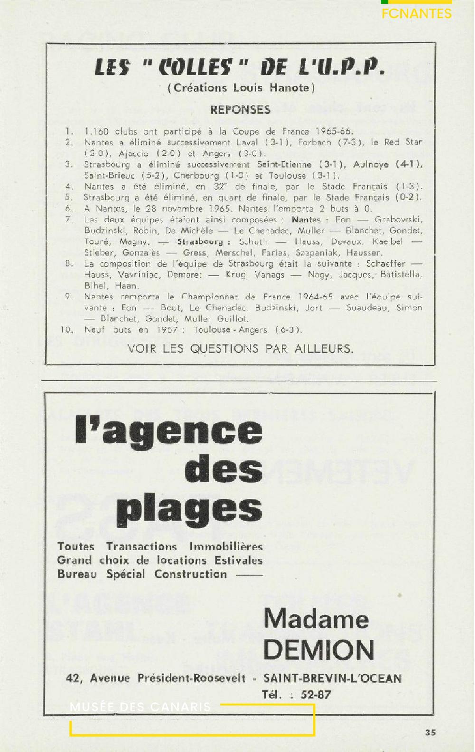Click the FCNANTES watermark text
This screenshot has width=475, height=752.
click(416, 13)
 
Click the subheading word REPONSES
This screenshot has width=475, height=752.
click(240, 110)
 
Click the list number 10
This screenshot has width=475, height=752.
click(67, 329)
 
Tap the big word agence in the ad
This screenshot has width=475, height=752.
click(183, 431)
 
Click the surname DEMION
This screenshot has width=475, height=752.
click(319, 650)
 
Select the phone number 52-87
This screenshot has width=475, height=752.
click(315, 695)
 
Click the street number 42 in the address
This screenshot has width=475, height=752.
click(74, 678)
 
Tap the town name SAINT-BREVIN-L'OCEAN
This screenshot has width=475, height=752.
click(332, 678)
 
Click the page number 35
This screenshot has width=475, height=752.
click(430, 733)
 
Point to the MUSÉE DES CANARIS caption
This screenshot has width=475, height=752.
click(140, 707)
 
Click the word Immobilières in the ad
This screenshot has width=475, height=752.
click(226, 547)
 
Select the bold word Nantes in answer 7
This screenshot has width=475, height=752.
click(306, 220)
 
